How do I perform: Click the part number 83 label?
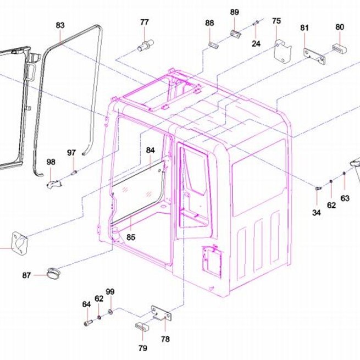coord(60,25)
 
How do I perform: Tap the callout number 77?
coord(145,23)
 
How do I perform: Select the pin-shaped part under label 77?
coord(145,45)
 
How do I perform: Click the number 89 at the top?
coord(235,12)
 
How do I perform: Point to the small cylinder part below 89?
coord(236,34)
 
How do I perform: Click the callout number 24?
coord(256,43)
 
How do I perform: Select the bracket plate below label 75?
coord(283,51)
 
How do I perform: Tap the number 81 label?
coord(304,28)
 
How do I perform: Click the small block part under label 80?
coord(339,49)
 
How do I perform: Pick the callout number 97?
coord(71,153)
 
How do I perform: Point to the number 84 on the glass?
coord(151,151)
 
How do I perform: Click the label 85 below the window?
coord(131,237)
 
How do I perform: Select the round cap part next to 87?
coord(54,273)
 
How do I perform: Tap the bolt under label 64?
coord(88,323)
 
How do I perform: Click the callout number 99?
coord(110,292)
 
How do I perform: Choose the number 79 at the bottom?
coord(142,348)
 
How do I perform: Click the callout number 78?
coord(165,339)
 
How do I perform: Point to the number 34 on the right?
coord(317,213)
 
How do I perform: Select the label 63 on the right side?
coord(345,198)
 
